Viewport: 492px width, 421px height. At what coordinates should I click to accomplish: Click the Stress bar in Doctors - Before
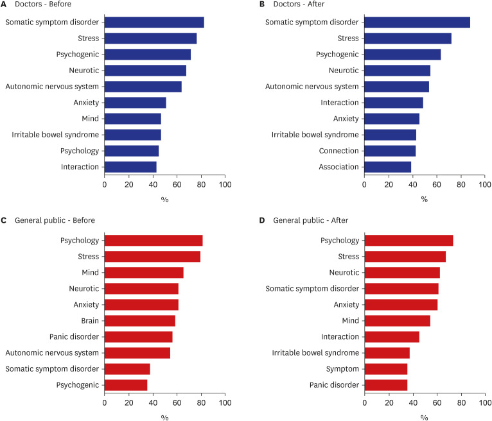[x=150, y=39]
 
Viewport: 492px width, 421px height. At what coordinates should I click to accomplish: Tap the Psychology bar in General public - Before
[x=153, y=241]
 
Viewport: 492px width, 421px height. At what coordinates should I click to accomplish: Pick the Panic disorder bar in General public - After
[x=385, y=385]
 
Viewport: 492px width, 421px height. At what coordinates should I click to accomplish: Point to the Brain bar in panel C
[x=139, y=321]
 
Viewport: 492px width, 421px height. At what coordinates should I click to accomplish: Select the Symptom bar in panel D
[x=385, y=369]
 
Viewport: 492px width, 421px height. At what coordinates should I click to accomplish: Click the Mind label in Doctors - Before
[x=90, y=119]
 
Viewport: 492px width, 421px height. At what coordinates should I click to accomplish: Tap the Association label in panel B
[x=339, y=167]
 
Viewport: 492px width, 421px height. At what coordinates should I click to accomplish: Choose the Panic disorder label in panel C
[x=74, y=337]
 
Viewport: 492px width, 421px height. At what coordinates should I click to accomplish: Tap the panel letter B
[x=263, y=5]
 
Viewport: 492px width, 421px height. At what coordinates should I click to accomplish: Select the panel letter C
[x=4, y=220]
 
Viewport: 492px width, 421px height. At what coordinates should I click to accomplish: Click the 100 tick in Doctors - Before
[x=225, y=185]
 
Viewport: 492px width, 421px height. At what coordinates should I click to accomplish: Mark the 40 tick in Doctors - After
[x=413, y=185]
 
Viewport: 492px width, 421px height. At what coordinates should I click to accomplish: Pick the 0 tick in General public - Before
[x=105, y=403]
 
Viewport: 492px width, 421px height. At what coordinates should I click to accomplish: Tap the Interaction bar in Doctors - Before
[x=130, y=167]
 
